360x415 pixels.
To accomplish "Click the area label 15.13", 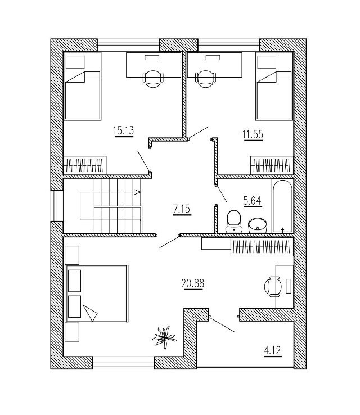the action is (123, 131).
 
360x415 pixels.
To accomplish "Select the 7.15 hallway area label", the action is (182, 209).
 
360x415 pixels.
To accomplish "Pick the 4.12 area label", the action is (272, 352).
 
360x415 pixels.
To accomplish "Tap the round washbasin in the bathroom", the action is (258, 224).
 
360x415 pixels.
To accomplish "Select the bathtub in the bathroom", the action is (282, 206).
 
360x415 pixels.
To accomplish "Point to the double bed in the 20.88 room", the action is (97, 293).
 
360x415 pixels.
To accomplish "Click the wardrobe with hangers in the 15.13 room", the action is (84, 165).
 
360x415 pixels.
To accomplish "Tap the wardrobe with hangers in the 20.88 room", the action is (262, 247).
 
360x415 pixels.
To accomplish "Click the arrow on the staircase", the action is (137, 192).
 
